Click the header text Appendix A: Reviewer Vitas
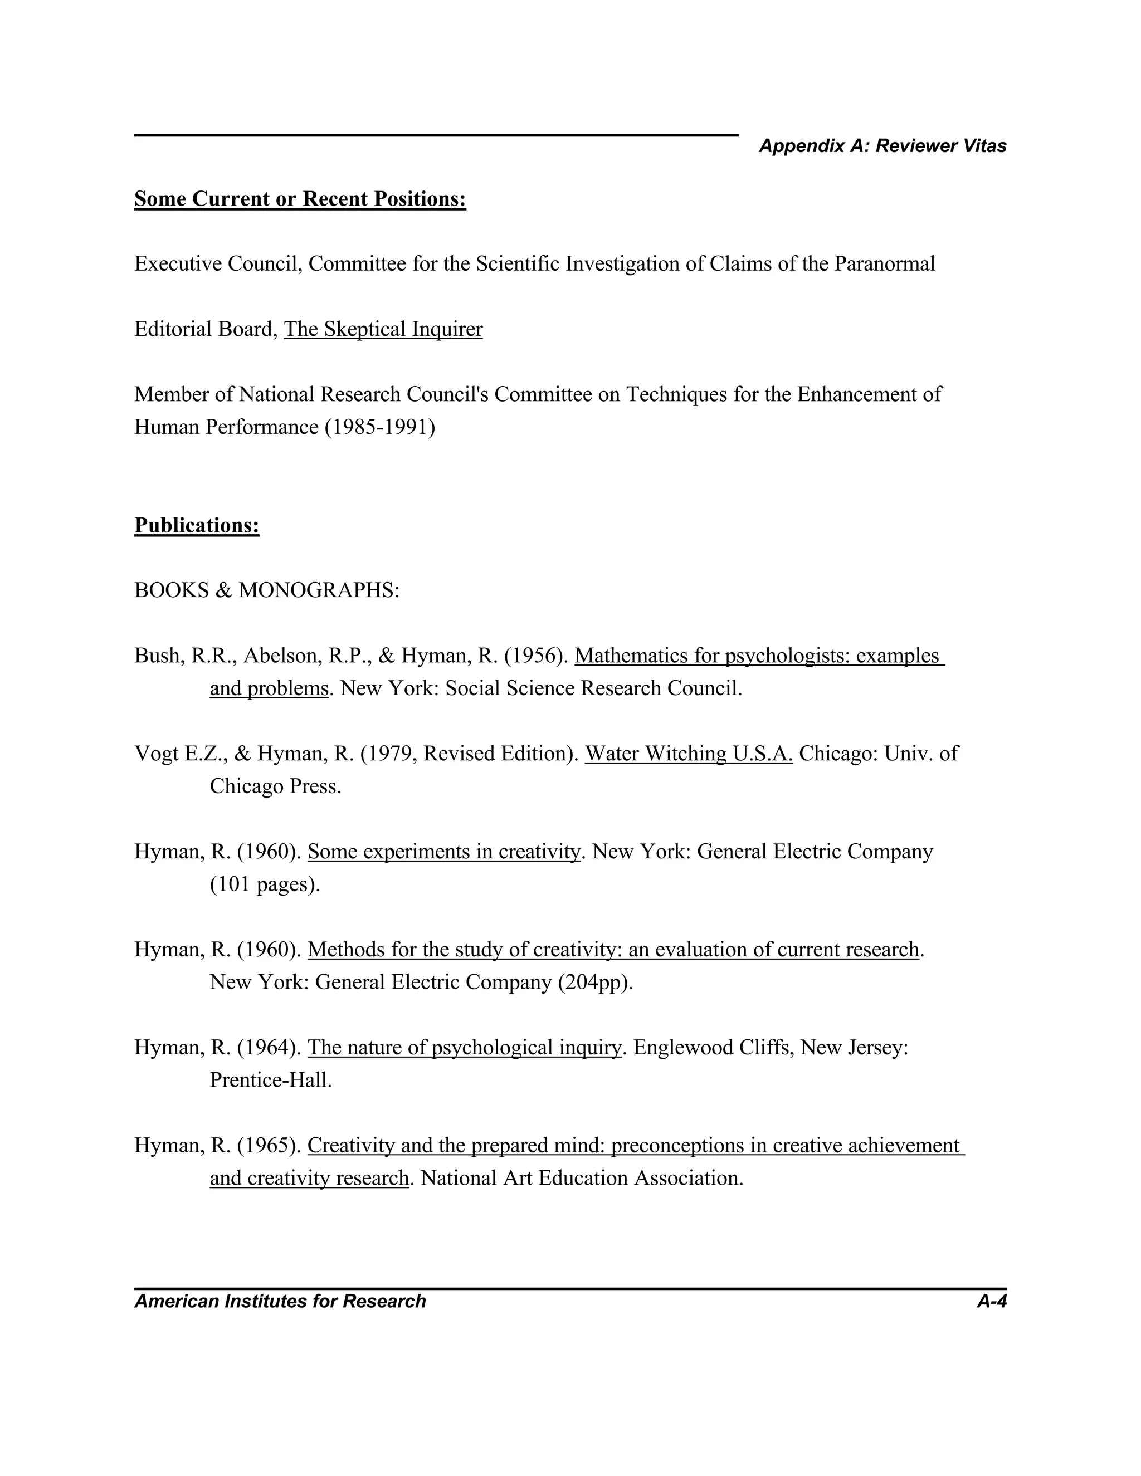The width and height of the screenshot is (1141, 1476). (x=882, y=146)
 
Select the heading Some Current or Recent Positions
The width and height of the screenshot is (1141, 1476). (x=300, y=199)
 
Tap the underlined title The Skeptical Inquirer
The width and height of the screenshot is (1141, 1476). (x=383, y=329)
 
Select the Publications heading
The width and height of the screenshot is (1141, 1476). (x=197, y=525)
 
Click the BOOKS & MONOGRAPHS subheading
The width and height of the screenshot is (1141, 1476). (x=266, y=590)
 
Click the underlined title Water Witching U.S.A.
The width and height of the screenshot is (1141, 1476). (x=688, y=754)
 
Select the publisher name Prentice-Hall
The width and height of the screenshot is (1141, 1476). (x=270, y=1080)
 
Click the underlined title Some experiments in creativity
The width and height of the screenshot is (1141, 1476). (x=443, y=852)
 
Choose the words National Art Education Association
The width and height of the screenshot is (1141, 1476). (x=581, y=1178)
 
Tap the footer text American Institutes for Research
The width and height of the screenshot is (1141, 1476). (x=280, y=1302)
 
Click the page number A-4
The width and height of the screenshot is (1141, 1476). (x=991, y=1302)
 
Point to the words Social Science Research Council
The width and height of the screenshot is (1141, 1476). (x=593, y=688)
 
